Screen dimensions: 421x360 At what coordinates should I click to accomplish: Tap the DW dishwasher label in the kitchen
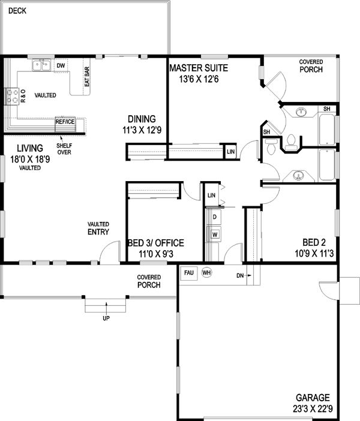point(61,65)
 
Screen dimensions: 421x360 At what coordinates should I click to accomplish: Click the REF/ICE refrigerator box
point(65,121)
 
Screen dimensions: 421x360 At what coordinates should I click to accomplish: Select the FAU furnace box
point(188,272)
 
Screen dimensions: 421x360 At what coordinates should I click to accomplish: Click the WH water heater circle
point(206,272)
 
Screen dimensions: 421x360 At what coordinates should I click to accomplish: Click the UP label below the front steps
point(106,318)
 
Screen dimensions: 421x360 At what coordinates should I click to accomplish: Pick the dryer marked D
point(214,216)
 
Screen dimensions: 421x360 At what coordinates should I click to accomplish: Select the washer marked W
point(214,234)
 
